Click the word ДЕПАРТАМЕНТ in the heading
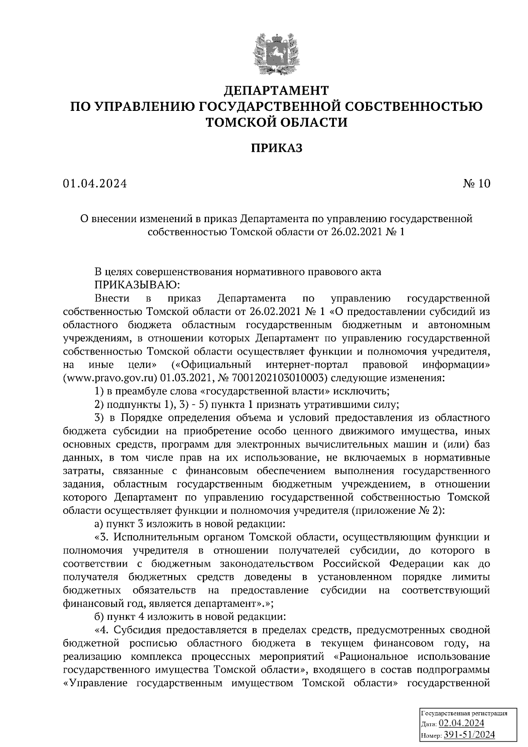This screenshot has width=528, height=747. pos(276,91)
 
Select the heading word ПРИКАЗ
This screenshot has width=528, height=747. pos(276,148)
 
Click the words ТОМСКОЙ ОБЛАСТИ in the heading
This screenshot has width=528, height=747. pos(276,122)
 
